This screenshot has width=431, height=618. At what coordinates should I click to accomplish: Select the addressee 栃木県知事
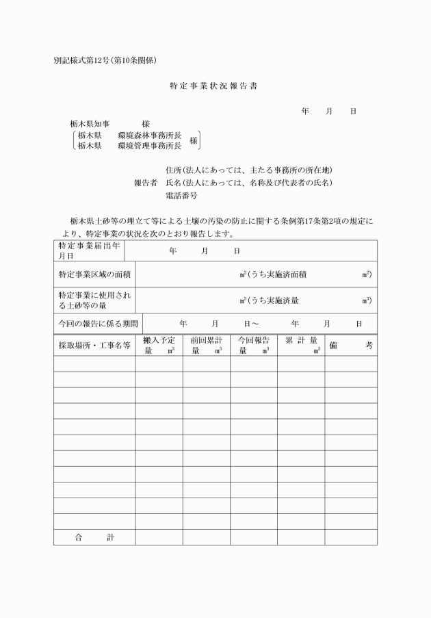(x=94, y=124)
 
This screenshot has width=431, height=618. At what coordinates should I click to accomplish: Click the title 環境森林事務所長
(x=149, y=135)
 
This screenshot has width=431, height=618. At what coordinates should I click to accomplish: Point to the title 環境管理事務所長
(x=149, y=145)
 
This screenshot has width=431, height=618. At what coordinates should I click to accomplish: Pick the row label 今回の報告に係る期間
(x=96, y=323)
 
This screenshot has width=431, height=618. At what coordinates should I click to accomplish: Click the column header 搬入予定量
(x=159, y=345)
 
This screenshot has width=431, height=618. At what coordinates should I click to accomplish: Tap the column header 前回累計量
(x=206, y=345)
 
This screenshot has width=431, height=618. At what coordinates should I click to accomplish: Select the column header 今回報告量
(x=253, y=345)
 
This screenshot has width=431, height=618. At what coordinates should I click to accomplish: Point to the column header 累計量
(x=300, y=345)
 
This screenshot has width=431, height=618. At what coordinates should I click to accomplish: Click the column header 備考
(x=350, y=346)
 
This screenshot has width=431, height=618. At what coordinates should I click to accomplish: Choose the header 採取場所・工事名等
(x=94, y=346)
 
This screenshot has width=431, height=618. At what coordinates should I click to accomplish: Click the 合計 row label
(x=94, y=537)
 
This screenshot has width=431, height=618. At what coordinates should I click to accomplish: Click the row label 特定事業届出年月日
(x=86, y=250)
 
